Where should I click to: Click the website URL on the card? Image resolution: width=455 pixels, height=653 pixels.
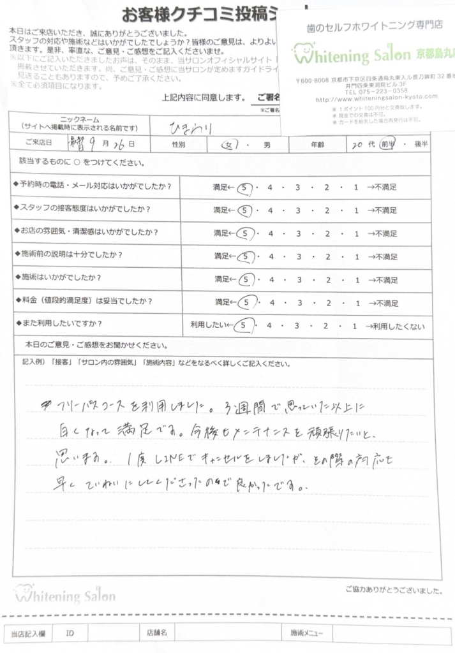tap(377, 98)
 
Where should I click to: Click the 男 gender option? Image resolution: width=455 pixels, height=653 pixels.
tap(267, 145)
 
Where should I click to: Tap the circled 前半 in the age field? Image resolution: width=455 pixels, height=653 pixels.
tap(387, 145)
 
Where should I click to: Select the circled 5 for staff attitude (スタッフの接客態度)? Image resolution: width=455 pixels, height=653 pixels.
tap(242, 209)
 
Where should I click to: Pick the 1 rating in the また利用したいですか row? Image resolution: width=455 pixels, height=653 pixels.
tap(354, 325)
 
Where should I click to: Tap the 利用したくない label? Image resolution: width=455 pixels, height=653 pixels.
tap(399, 325)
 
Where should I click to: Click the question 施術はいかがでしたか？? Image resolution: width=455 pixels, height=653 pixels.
tap(62, 278)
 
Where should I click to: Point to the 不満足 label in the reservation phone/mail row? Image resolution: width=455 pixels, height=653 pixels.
tap(383, 187)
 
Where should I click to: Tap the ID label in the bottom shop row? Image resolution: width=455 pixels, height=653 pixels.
tap(70, 633)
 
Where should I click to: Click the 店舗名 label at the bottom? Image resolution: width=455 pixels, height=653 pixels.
tap(156, 633)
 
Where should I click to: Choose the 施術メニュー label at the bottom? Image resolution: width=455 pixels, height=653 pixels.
tap(307, 633)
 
